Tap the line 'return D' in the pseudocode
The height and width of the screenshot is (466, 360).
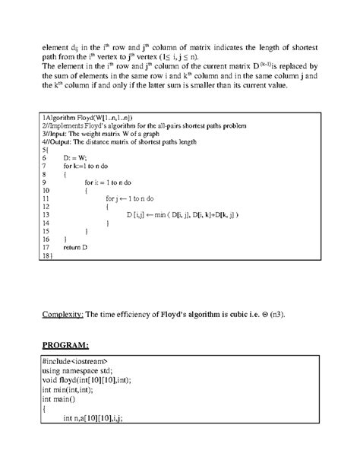coord(76,247)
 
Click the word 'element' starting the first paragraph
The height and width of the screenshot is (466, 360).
coord(55,50)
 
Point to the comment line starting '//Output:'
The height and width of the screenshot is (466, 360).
coord(125,141)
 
